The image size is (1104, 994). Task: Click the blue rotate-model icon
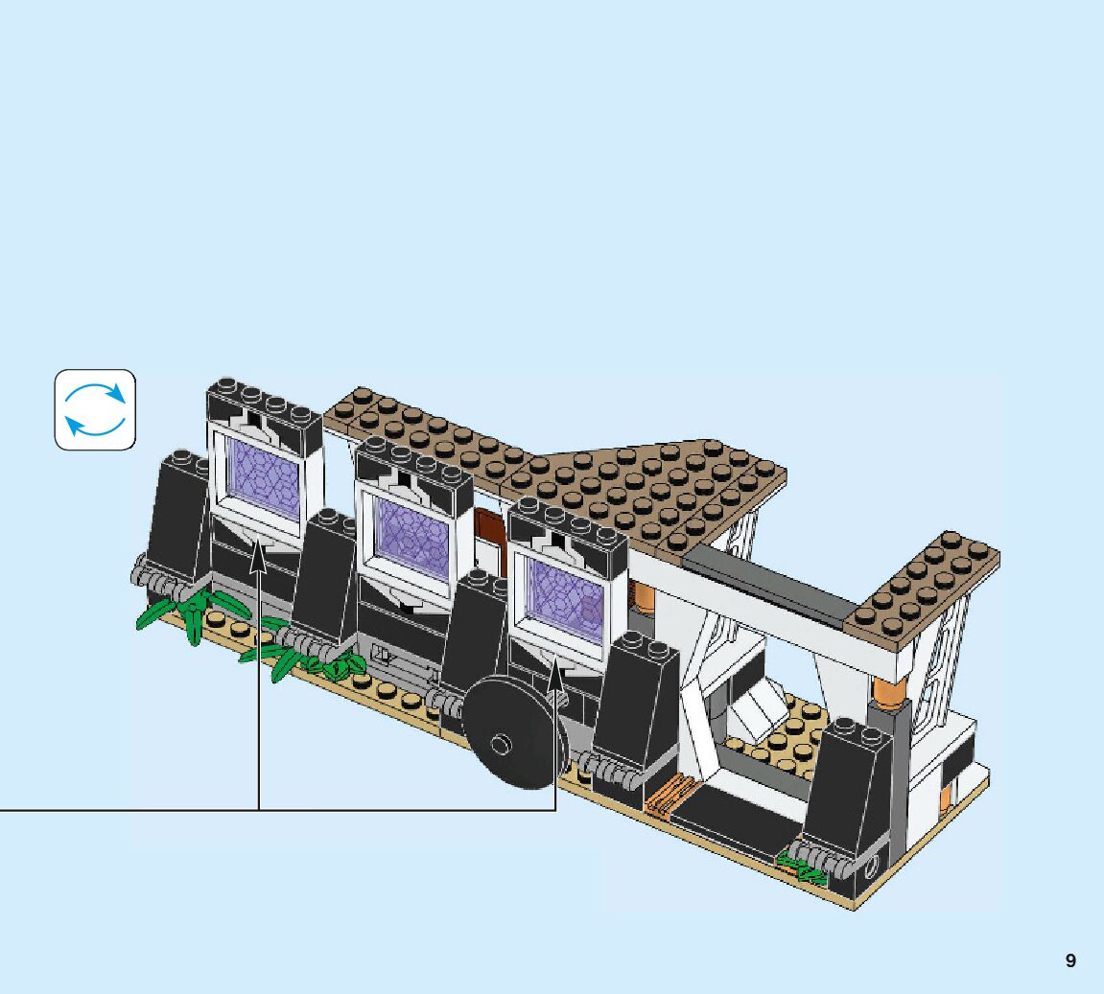95,409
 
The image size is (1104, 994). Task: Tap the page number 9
1070,960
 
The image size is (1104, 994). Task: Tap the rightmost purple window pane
565,601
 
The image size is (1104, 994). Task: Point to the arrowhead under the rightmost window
555,673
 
